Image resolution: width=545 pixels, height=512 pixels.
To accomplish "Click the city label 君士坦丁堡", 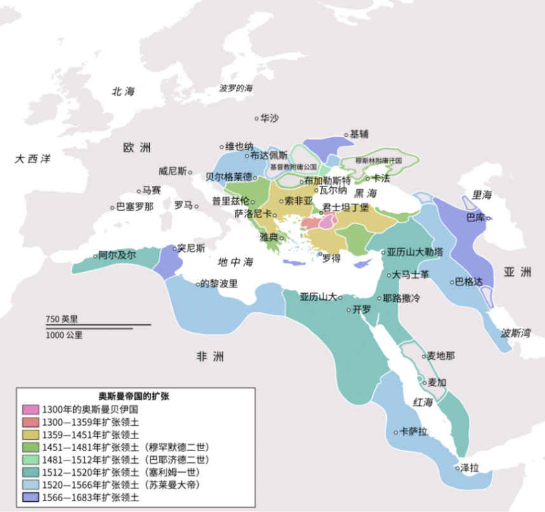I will point(346,207).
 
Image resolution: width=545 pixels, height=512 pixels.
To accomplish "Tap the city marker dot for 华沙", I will point(257,118).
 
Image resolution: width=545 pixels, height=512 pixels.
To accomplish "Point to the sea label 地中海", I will point(235,261).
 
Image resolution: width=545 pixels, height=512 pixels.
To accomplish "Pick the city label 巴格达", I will point(470,282).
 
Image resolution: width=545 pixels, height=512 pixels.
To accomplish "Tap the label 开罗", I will point(361,309).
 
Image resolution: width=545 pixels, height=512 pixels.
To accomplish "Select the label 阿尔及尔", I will point(118,255).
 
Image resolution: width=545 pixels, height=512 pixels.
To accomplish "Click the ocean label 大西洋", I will point(32,159).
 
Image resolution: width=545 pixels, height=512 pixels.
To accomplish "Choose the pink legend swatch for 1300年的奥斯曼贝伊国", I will point(30,409).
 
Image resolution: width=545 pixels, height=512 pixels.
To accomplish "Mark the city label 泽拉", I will point(469,468).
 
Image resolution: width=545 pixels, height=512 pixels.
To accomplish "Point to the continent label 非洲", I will point(210,357).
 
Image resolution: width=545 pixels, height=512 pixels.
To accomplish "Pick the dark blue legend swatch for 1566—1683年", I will point(30,498).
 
